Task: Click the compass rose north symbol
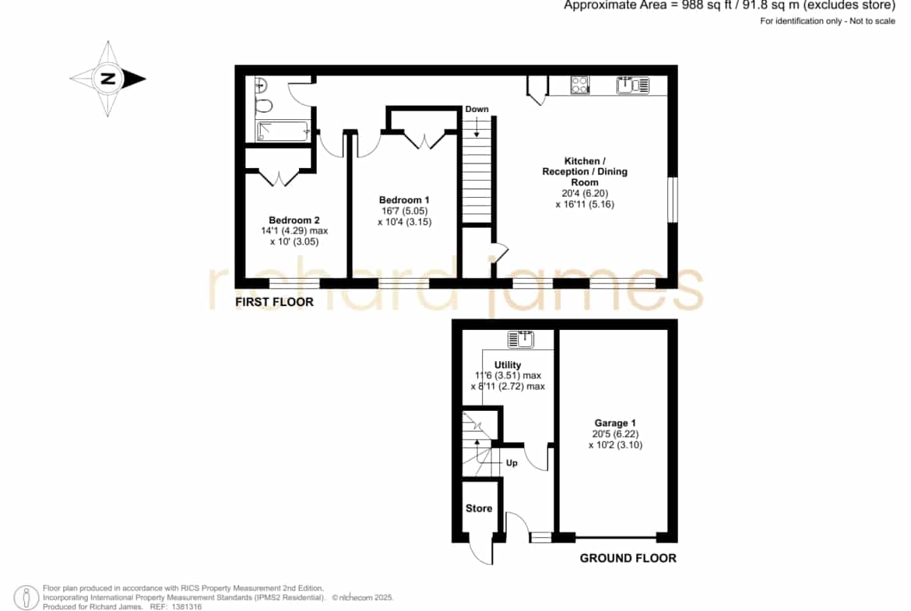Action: tap(108, 79)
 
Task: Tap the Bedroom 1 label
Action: tap(404, 200)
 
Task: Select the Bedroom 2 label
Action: tap(294, 220)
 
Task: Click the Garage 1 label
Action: tap(614, 423)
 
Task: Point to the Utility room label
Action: tap(508, 365)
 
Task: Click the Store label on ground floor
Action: tap(479, 508)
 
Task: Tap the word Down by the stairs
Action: tap(477, 109)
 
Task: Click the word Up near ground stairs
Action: tap(512, 463)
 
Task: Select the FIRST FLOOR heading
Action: tap(274, 302)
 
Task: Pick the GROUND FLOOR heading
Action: tap(628, 558)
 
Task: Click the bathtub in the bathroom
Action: tap(283, 132)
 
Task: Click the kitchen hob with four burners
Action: tap(580, 86)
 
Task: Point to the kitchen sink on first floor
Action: tap(633, 86)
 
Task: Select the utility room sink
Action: tap(521, 339)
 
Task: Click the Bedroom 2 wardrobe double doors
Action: tap(280, 178)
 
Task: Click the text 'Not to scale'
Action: tap(872, 21)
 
